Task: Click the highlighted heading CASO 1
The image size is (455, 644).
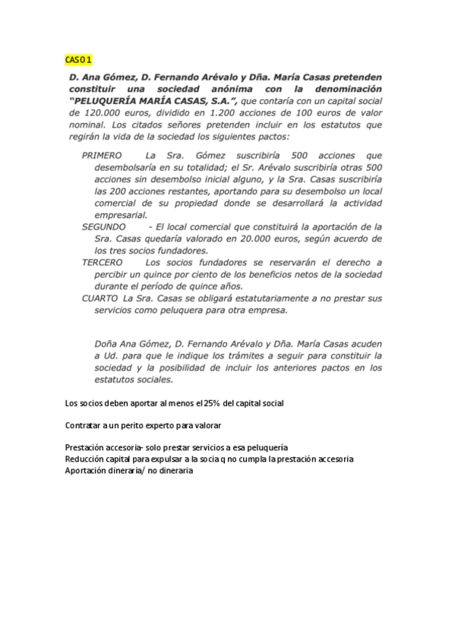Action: pyautogui.click(x=77, y=59)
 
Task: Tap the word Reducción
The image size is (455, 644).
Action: pyautogui.click(x=87, y=459)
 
